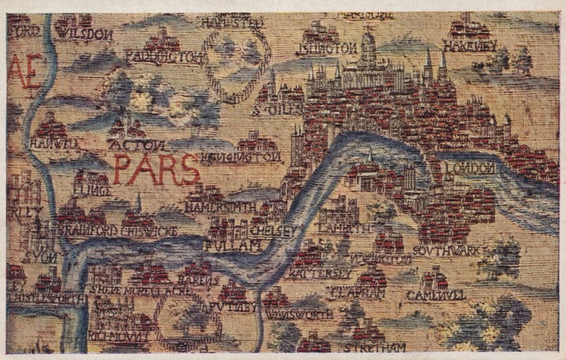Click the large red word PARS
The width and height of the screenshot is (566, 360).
click(x=154, y=168)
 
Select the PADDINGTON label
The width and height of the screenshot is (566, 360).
click(x=165, y=57)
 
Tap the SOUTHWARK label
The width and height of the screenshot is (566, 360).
click(x=446, y=251)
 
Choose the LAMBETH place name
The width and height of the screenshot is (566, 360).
click(x=344, y=228)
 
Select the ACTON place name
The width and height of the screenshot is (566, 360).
click(x=139, y=145)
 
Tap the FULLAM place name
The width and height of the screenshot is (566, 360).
click(x=231, y=247)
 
